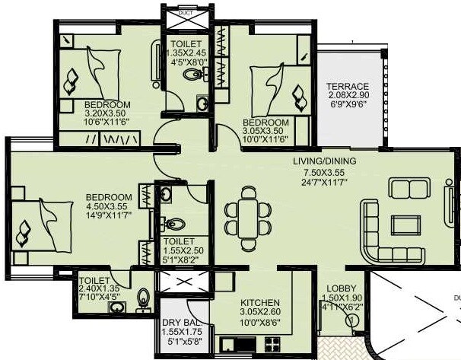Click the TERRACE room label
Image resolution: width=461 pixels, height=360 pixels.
tap(347, 86)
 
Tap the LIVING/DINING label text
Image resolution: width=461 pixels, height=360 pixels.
tap(325, 161)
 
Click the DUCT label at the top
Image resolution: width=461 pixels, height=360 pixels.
tap(186, 13)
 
